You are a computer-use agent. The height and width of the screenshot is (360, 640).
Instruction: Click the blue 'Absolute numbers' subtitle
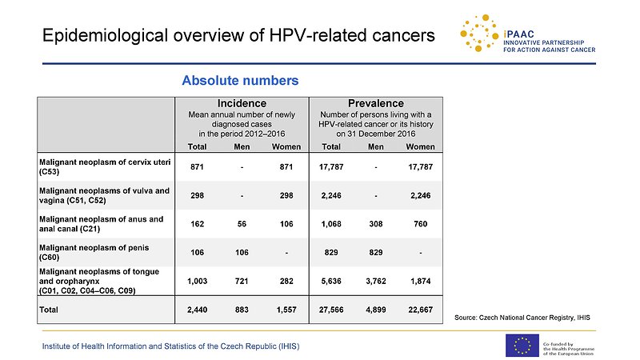[x=240, y=81]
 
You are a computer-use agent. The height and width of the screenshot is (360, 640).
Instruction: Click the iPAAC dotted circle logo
[x=479, y=33]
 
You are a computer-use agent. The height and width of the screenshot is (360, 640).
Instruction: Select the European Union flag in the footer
[x=522, y=346]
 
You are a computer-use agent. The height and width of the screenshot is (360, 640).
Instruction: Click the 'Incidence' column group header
[x=242, y=103]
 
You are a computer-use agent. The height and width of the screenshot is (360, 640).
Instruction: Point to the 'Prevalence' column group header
[x=375, y=103]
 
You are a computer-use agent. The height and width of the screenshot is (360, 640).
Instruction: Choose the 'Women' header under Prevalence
[x=420, y=146]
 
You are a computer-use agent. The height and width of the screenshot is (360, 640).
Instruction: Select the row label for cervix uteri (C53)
[x=105, y=166]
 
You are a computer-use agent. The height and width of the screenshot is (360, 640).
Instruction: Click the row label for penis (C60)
[x=94, y=252]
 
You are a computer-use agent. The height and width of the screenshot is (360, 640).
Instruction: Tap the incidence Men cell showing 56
[x=242, y=224]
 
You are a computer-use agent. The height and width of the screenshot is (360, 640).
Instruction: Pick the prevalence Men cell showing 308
[x=375, y=224]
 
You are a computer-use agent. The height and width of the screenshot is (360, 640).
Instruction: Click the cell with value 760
[x=421, y=224]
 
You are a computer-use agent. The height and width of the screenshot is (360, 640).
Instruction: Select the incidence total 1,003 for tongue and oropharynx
[x=197, y=282]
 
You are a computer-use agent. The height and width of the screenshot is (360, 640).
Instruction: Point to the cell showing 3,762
[x=375, y=282]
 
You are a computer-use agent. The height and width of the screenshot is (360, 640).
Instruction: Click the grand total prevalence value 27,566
[x=331, y=310]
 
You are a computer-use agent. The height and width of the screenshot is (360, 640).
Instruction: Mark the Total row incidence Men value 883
[x=242, y=310]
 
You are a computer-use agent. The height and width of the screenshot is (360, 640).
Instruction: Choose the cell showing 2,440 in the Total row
[x=197, y=310]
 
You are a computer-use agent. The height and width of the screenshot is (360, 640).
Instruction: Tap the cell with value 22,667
[x=421, y=310]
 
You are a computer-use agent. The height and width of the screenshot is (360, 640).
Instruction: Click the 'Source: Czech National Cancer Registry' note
[x=522, y=318]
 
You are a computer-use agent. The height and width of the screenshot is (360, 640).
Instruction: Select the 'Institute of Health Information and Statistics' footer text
[x=170, y=346]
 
